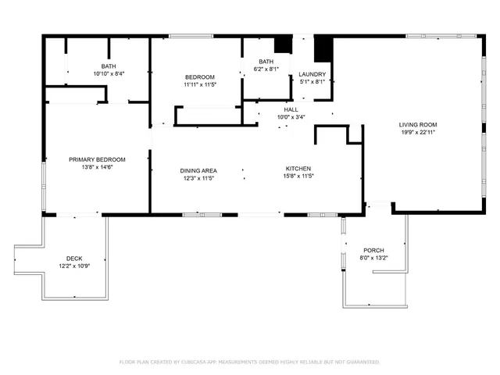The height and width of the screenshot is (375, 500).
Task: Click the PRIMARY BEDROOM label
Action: click(97, 159)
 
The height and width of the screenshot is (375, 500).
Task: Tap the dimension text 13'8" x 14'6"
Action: click(97, 167)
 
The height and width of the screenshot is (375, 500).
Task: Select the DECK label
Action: click(74, 259)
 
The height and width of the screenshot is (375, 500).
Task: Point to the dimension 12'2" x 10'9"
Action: click(74, 266)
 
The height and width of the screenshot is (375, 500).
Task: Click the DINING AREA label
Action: click(198, 170)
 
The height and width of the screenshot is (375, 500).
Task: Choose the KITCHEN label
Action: click(298, 169)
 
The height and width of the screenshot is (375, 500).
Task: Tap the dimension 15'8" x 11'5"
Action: click(298, 177)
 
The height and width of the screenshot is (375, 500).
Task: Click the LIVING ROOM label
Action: click(418, 124)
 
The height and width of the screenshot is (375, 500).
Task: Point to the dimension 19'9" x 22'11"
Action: click(418, 132)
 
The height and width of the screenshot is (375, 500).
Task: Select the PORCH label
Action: click(373, 250)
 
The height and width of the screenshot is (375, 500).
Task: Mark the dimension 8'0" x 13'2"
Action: click(373, 258)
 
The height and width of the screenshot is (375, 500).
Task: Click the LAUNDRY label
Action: click(312, 75)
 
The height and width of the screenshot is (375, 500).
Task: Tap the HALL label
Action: click(291, 109)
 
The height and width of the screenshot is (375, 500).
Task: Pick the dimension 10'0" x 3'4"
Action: click(291, 117)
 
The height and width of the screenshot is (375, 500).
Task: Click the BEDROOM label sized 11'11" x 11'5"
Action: click(199, 77)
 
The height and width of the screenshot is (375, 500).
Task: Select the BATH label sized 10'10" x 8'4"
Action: click(108, 66)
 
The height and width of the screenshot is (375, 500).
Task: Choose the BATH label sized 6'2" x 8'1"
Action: click(266, 62)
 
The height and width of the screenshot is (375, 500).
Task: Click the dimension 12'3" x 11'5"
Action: click(198, 178)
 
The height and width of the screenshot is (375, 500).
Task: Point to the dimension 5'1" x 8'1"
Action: click(312, 82)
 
